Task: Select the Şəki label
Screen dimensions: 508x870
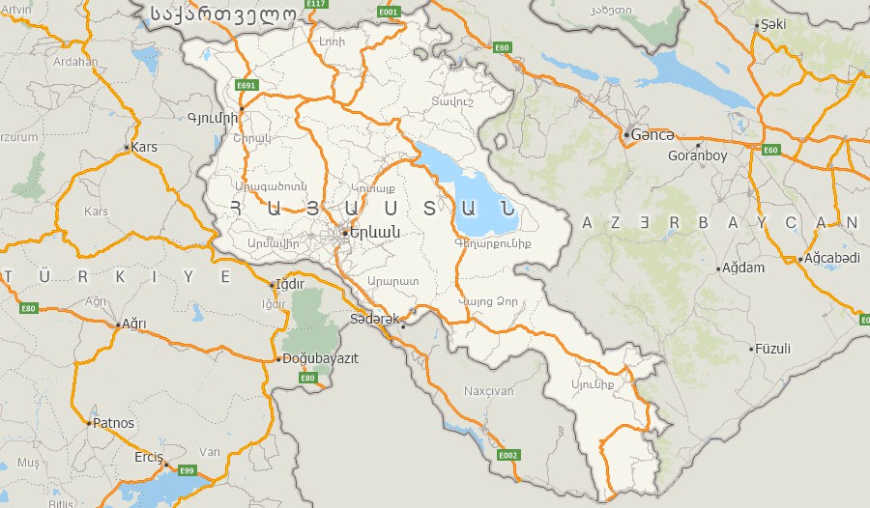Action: click(773, 23)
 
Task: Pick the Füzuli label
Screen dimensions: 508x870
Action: click(773, 348)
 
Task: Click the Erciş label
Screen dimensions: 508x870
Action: click(148, 457)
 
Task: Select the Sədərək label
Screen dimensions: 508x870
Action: click(374, 318)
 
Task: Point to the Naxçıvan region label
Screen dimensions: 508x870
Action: click(489, 391)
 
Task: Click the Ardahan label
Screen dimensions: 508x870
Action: click(75, 62)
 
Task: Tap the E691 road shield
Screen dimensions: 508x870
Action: click(247, 85)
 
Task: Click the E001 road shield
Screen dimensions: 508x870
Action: click(389, 12)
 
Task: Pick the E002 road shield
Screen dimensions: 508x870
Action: click(508, 455)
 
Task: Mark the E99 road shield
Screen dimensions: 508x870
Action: click(187, 470)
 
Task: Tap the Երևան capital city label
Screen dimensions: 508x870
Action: click(374, 232)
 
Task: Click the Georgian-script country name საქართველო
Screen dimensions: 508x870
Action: click(221, 14)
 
